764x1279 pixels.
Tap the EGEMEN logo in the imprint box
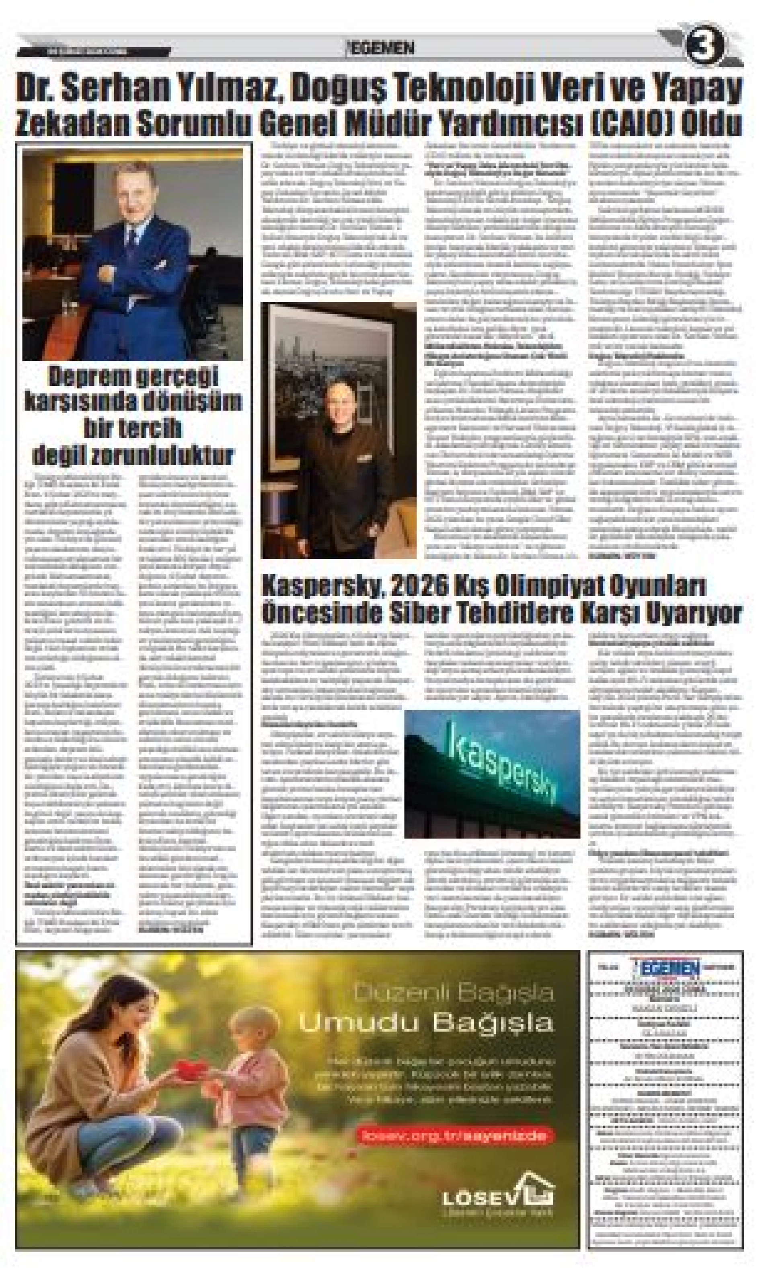point(666,968)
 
